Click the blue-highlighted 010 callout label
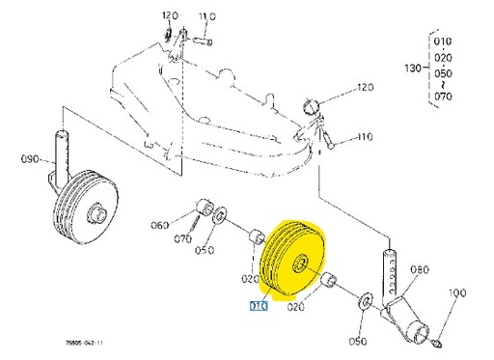tap(259, 308)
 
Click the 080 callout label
tap(421, 271)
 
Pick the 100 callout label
tap(457, 291)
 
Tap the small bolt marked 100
tap(439, 339)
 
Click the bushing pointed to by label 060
tap(204, 208)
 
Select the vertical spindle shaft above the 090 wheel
tap(66, 151)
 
